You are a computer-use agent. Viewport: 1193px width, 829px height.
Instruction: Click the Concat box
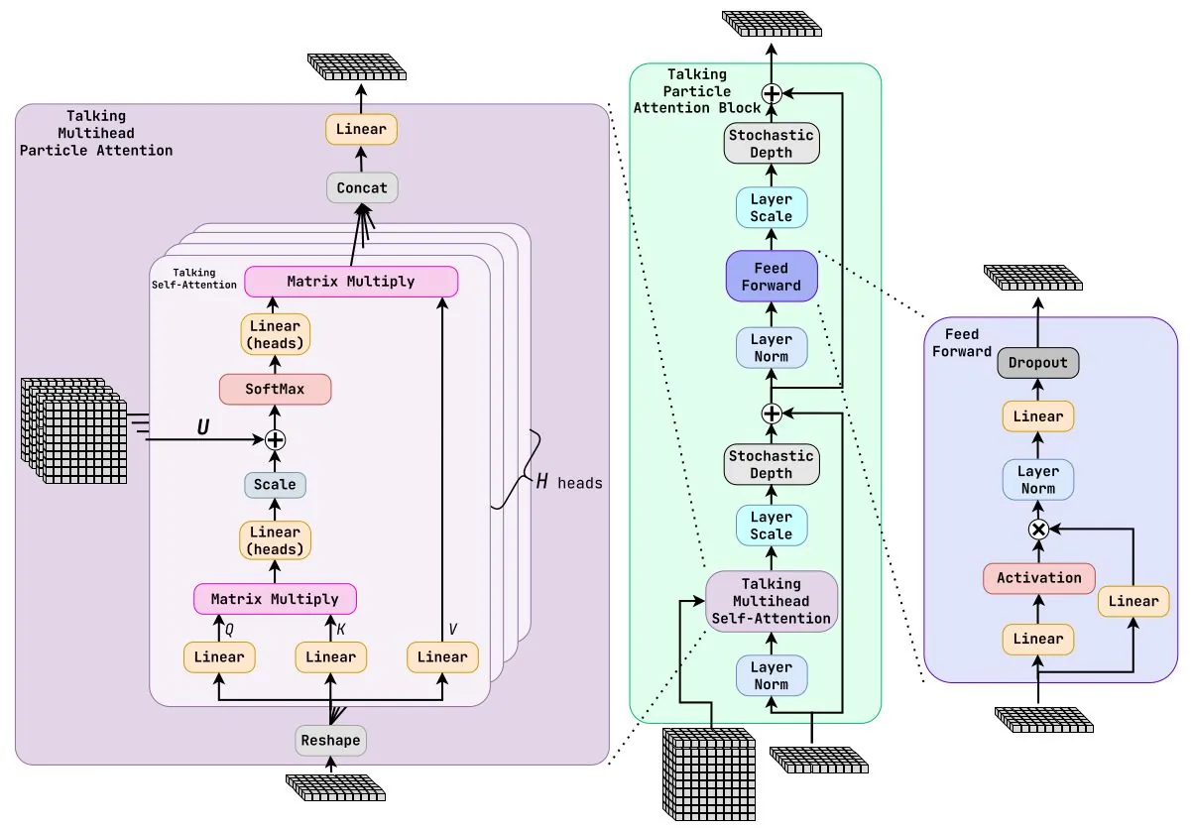(362, 188)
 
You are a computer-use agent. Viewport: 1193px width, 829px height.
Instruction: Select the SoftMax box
(275, 389)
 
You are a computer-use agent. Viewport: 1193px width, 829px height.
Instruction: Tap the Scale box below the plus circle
(275, 485)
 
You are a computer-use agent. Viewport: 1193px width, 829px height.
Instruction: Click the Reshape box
(330, 741)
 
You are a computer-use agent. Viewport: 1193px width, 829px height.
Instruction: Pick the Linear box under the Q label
(219, 657)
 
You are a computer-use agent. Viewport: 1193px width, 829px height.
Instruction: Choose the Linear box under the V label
(442, 657)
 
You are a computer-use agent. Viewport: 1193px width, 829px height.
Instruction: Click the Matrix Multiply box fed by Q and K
(275, 599)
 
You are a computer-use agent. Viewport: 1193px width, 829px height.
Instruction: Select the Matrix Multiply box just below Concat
(351, 282)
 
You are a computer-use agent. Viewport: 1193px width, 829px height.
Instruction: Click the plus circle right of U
(275, 439)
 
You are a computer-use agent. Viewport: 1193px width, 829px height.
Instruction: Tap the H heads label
(569, 483)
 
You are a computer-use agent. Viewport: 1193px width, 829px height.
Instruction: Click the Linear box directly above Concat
(362, 130)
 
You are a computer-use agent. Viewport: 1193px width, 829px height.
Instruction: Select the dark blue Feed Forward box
(772, 277)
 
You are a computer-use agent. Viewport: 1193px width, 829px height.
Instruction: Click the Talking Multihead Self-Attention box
(772, 601)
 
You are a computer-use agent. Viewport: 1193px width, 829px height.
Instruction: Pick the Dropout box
(1038, 363)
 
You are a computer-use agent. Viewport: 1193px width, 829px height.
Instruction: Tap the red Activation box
(1038, 578)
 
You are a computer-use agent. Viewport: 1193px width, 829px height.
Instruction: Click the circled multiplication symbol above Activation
(1038, 530)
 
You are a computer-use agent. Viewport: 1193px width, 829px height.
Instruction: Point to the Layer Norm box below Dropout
(1038, 480)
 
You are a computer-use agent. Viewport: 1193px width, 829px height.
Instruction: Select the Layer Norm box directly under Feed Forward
(772, 348)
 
